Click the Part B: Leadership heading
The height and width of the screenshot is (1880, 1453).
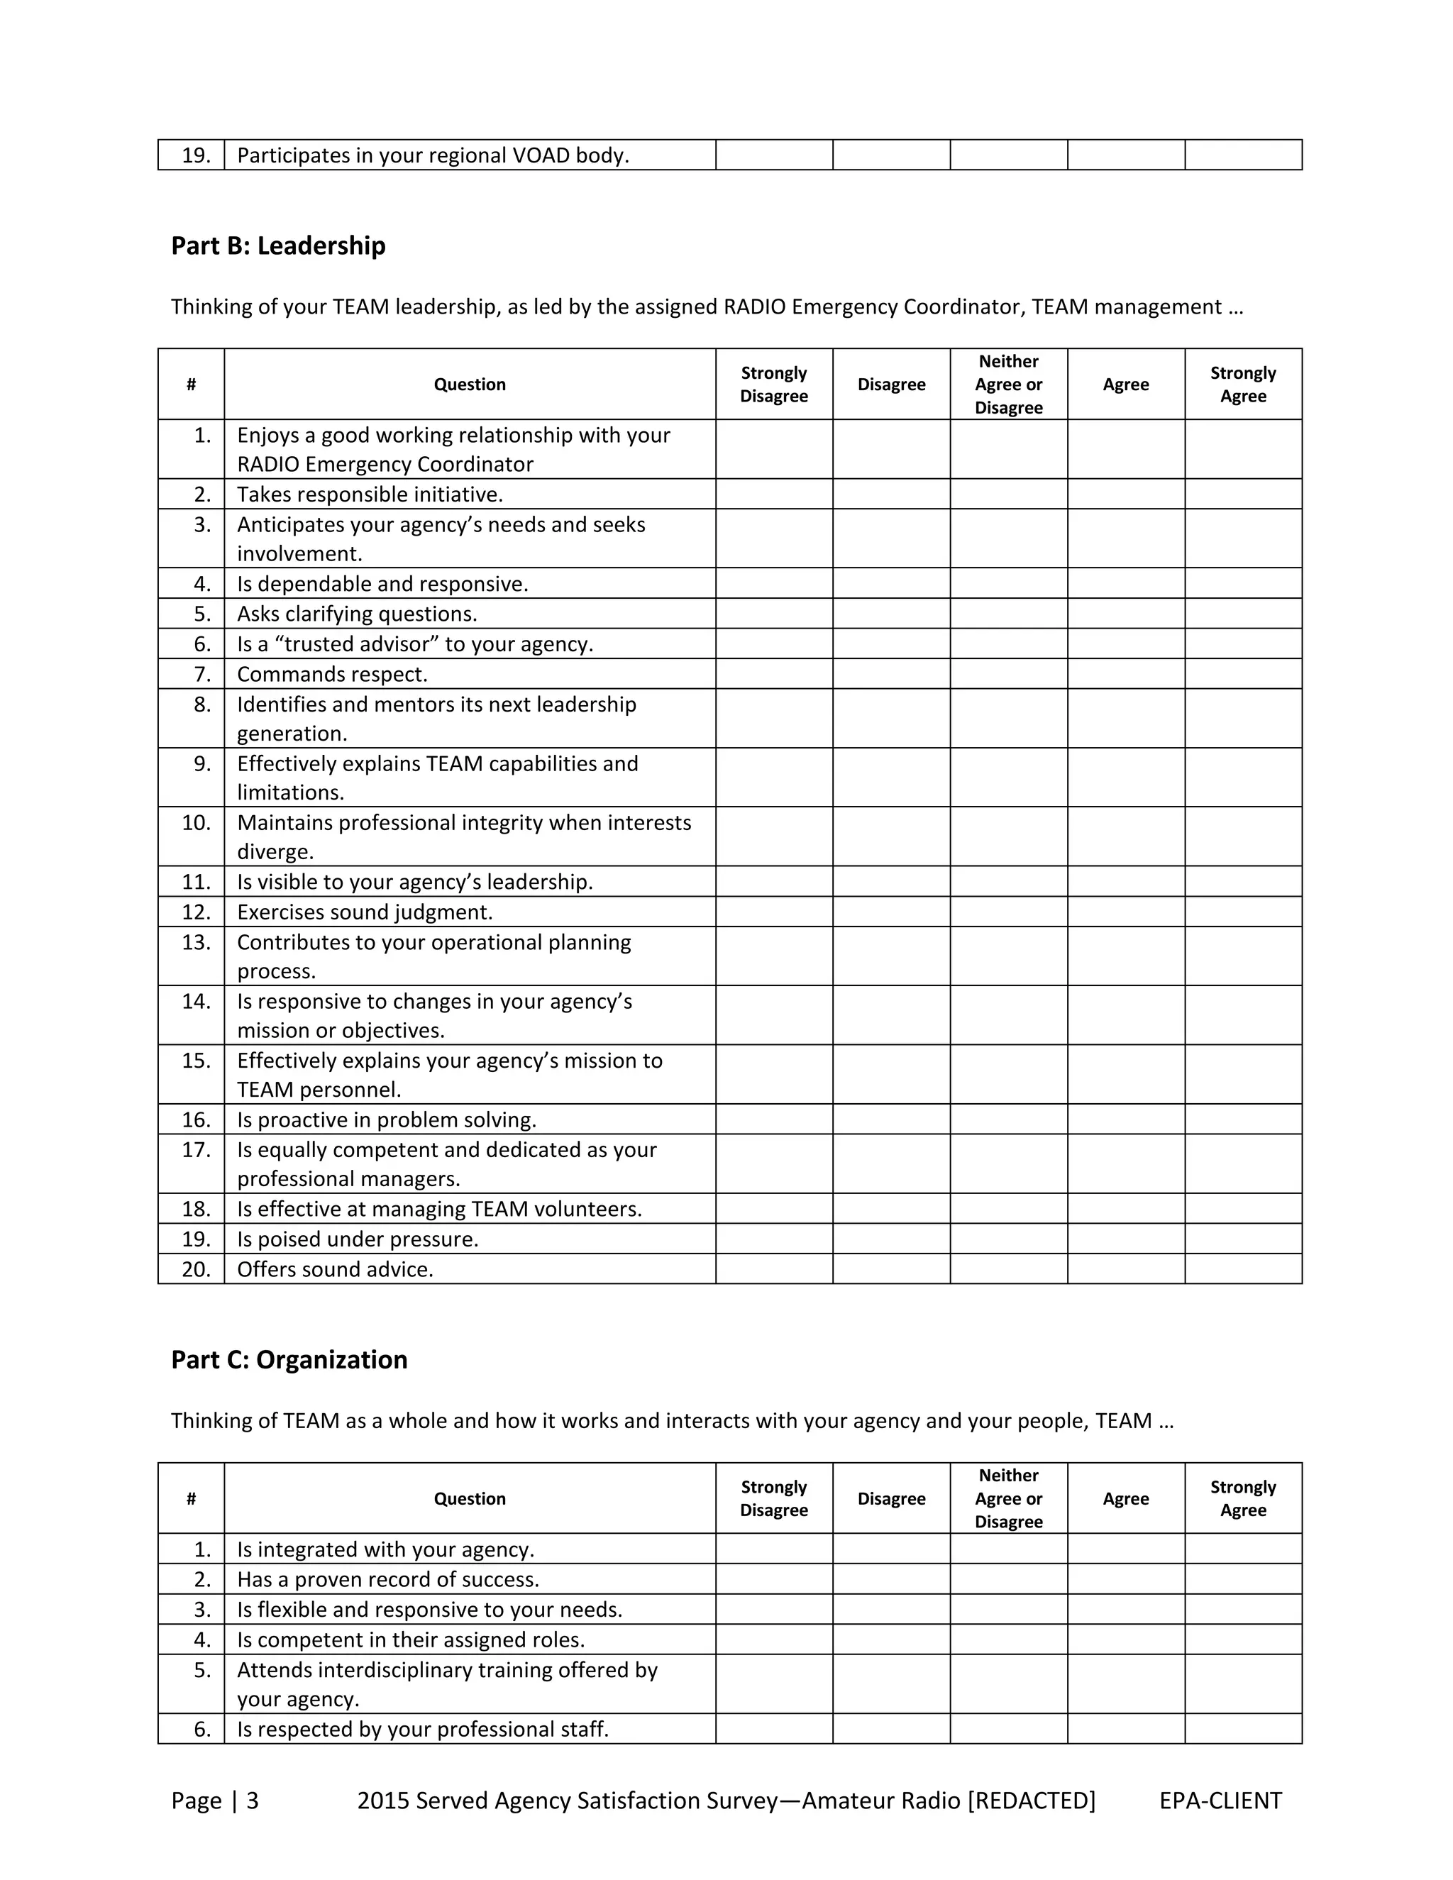(x=278, y=246)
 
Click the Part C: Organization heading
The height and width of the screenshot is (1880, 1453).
(x=289, y=1360)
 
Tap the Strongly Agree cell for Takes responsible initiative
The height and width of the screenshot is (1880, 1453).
(x=1243, y=494)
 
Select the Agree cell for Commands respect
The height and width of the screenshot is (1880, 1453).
(x=1126, y=674)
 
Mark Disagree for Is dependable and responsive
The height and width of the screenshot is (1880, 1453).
(x=891, y=584)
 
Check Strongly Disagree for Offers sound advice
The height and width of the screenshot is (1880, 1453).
(x=774, y=1269)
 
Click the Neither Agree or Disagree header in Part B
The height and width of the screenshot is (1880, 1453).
(x=1008, y=385)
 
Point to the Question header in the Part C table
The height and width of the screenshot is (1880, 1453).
(x=469, y=1498)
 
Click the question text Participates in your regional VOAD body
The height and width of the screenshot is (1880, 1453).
(x=433, y=156)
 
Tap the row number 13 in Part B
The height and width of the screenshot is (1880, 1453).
(x=197, y=943)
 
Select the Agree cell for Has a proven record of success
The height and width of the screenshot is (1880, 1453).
(x=1126, y=1580)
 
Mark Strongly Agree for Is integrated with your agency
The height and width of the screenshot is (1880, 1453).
(x=1243, y=1549)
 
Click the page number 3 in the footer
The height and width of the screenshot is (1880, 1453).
(x=252, y=1801)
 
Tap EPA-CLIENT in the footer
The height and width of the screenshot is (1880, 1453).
(x=1220, y=1801)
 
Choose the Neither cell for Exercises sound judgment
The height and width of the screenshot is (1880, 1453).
(x=1008, y=912)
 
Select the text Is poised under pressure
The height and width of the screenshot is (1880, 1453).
(x=358, y=1239)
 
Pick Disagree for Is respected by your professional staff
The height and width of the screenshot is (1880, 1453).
(x=891, y=1730)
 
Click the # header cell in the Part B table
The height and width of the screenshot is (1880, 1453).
(x=191, y=385)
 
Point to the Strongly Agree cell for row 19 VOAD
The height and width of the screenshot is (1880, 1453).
(x=1243, y=155)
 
